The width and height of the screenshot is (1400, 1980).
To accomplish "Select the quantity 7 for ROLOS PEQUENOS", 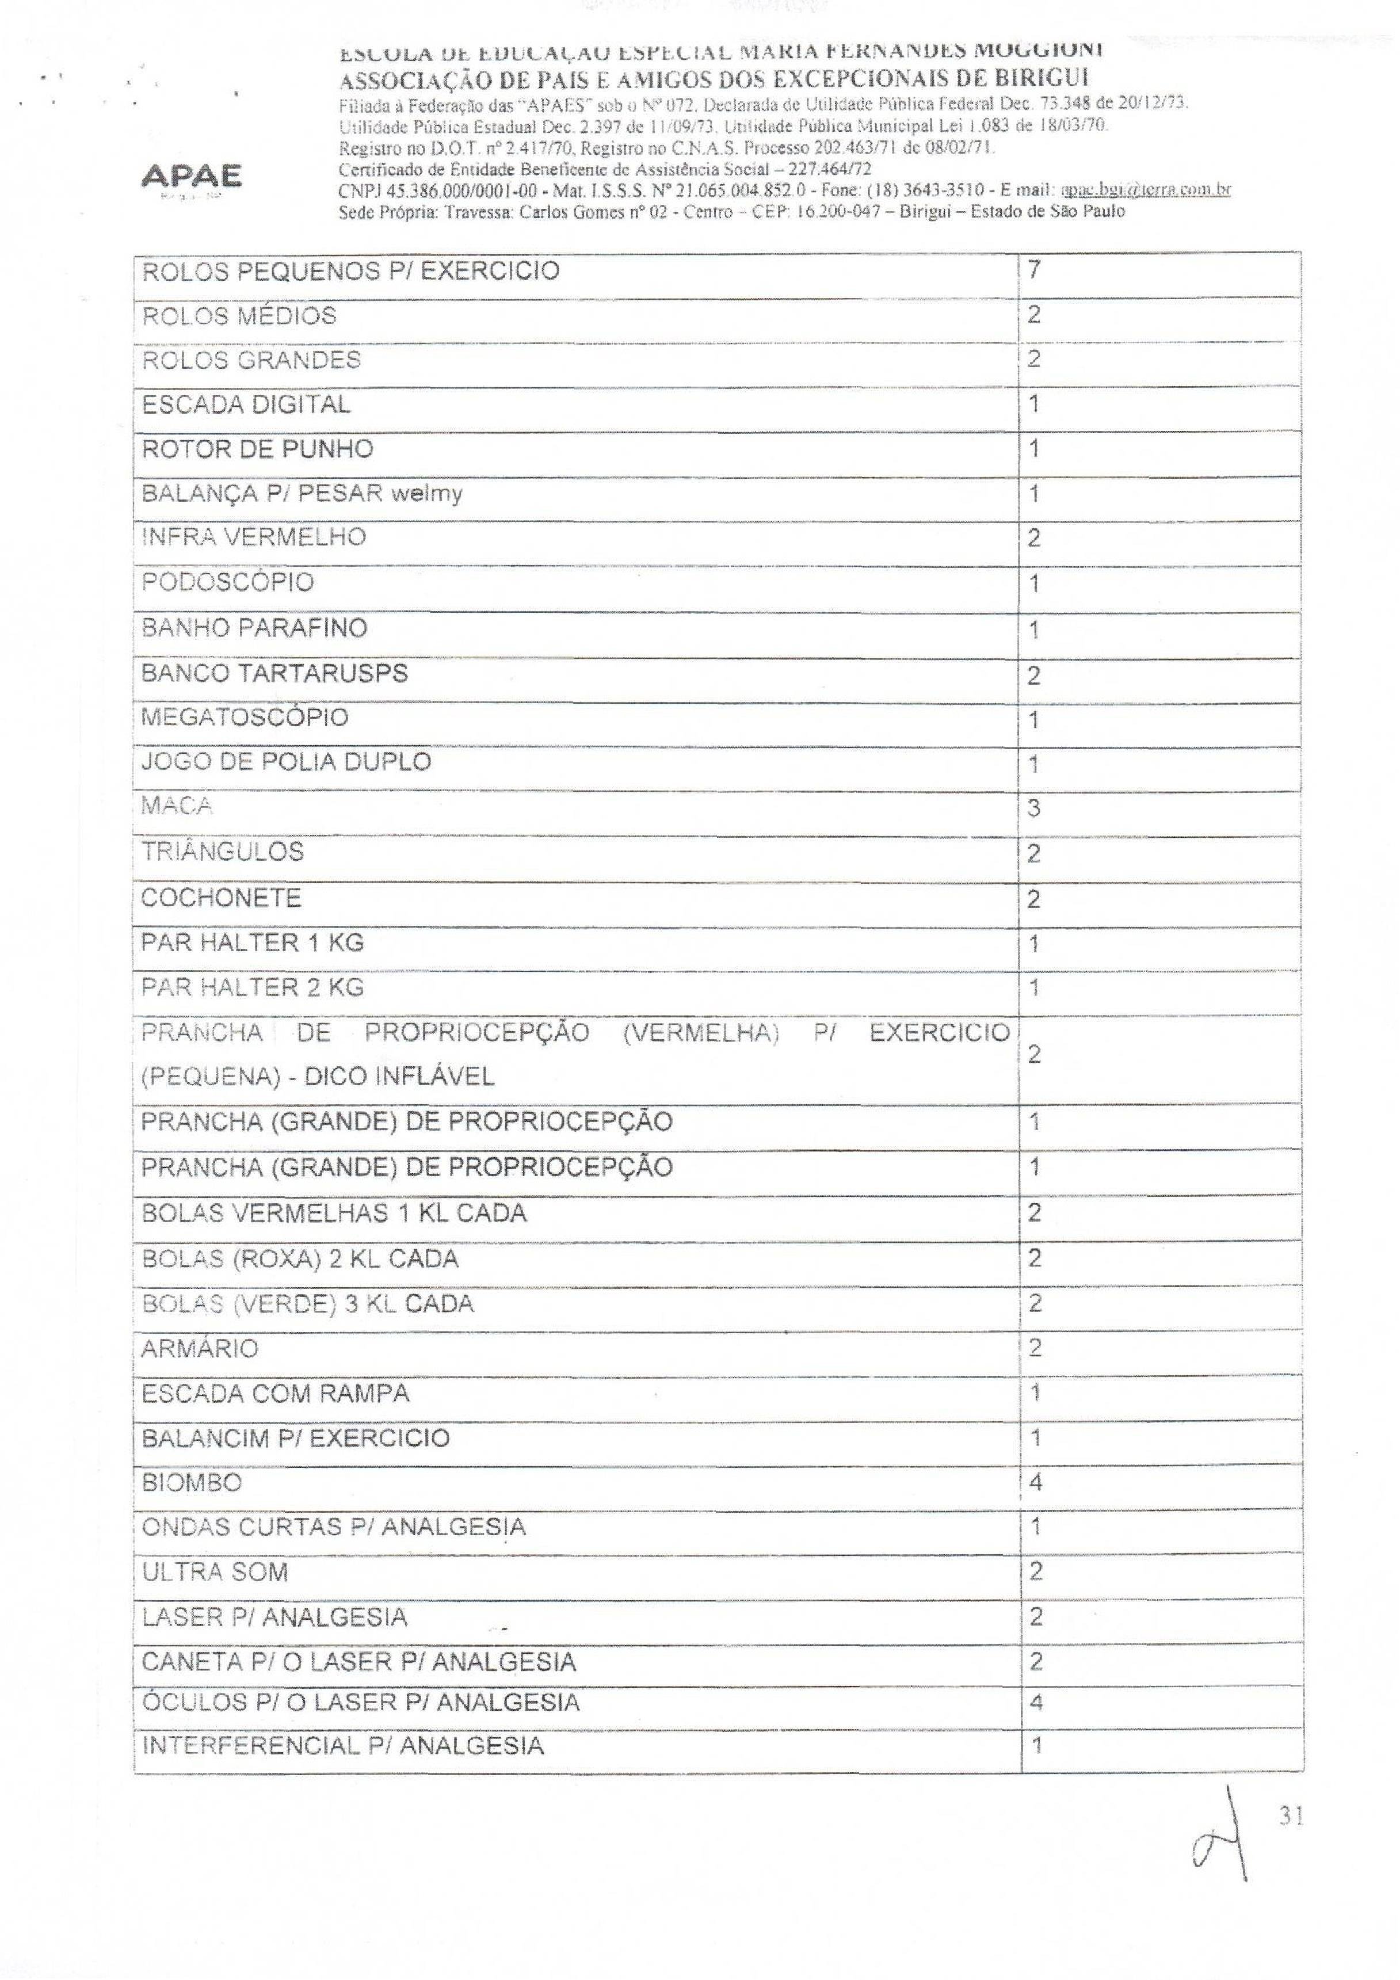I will [x=1034, y=270].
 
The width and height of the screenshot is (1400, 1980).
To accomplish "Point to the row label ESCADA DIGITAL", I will [x=246, y=405].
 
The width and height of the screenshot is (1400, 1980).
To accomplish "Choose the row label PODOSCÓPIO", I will [x=228, y=582].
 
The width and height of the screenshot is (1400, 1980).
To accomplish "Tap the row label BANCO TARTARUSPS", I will [x=274, y=673].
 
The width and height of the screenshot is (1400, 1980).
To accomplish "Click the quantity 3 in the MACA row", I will [x=1034, y=808].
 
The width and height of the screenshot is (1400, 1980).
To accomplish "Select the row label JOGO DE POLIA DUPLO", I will [x=285, y=762].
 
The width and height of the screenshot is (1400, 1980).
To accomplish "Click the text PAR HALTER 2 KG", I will [x=253, y=987].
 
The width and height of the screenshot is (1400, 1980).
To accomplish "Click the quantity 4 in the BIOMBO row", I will [x=1036, y=1482].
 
